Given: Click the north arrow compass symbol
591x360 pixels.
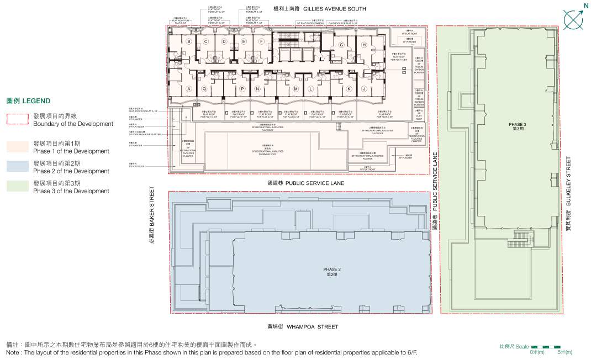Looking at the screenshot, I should pos(573,19).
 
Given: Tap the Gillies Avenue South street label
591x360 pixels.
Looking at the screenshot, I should pos(320,9).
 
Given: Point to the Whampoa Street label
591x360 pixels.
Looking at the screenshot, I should pos(303,327).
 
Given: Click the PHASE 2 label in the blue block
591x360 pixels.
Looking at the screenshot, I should pos(331,272).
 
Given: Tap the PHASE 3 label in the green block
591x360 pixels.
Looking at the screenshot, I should pos(518,126).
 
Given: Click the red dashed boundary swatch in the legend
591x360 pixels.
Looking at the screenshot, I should pos(17,120).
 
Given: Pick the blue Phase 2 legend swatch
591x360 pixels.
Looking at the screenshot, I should pos(17,167).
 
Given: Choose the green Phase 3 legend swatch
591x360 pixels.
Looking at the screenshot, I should pos(17,187).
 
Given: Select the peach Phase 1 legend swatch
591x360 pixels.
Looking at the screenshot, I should pos(17,147).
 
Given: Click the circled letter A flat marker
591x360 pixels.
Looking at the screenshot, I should pos(189,89).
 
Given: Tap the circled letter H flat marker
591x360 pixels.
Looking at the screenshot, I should pos(364,45).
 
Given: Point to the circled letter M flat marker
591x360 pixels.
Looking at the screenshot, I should pos(295,89).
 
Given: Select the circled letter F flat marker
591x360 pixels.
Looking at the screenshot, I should pos(261,41).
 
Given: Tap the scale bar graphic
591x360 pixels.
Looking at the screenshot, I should pos(545,347).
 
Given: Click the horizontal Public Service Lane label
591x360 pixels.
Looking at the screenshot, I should pos(305,183).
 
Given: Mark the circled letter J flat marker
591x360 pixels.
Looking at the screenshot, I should pos(364,89).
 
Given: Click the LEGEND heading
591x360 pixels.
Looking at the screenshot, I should pos(28,101).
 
